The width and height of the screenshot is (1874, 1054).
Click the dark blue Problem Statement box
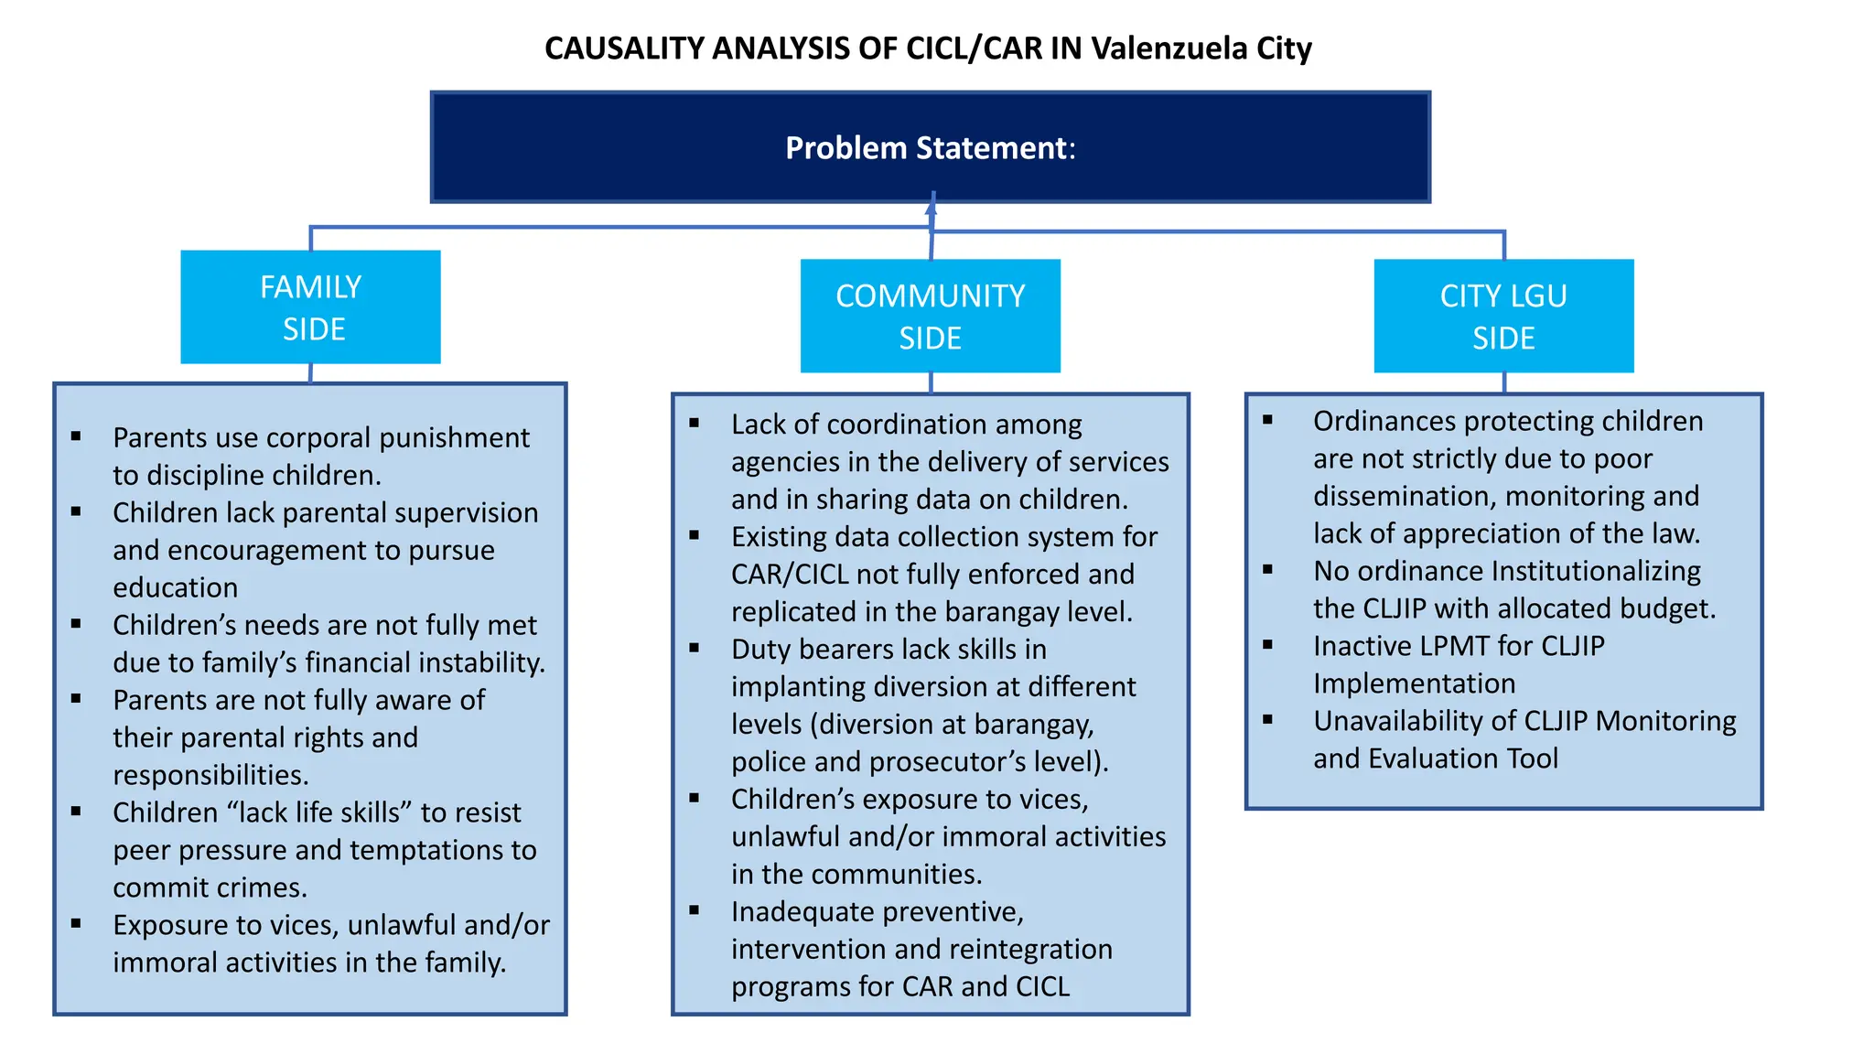coord(930,147)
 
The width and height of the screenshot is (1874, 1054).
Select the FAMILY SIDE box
coord(310,307)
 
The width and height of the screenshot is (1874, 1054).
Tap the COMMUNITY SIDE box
coord(930,317)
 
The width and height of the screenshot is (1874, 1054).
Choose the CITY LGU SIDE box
coord(1503,317)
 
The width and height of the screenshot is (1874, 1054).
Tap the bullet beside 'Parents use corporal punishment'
coord(76,436)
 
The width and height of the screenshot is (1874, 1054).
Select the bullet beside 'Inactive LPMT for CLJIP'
coord(1267,645)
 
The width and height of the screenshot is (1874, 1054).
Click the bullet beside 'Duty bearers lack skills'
coord(695,648)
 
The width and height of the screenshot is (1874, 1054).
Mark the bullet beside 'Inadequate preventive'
coord(695,910)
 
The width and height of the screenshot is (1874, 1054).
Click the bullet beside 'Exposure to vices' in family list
coord(76,924)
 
